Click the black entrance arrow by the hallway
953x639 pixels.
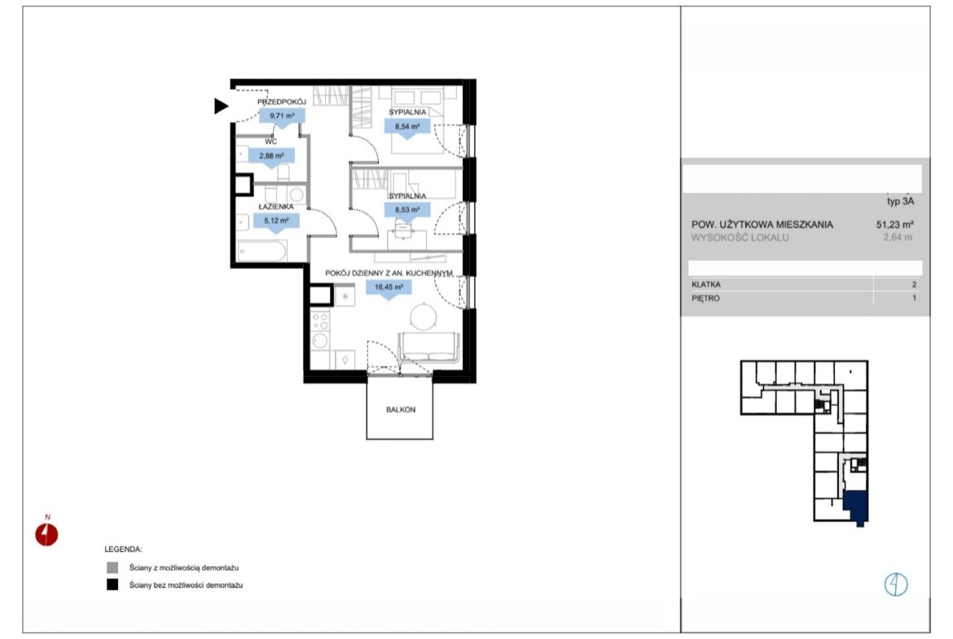click(220, 106)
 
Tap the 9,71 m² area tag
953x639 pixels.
click(281, 116)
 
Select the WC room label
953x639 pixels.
click(271, 142)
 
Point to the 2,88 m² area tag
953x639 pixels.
click(272, 157)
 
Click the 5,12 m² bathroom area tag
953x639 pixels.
click(277, 221)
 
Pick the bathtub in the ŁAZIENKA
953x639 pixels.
click(261, 251)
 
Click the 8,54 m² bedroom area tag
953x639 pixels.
click(407, 128)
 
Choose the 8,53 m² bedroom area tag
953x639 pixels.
click(407, 211)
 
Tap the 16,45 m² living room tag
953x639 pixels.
click(389, 288)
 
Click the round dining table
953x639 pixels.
click(423, 317)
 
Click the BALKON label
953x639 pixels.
click(401, 410)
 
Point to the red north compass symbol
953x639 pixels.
click(46, 534)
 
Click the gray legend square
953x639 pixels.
click(112, 568)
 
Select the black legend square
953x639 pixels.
click(112, 585)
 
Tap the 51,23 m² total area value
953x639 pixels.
click(894, 225)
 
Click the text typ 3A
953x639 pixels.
click(900, 201)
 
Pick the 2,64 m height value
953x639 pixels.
click(898, 238)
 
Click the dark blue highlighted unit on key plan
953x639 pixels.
click(856, 507)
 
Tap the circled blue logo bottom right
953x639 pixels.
click(896, 584)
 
